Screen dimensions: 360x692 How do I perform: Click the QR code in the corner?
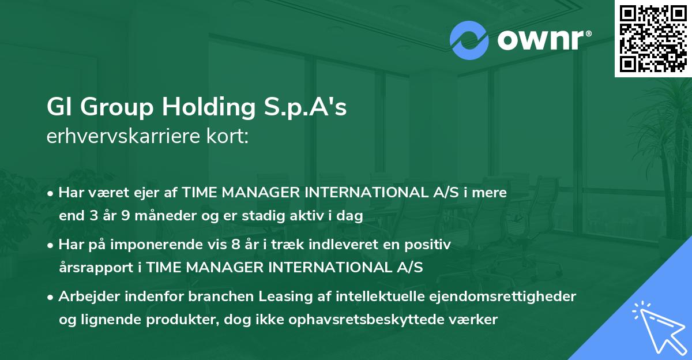click(x=653, y=39)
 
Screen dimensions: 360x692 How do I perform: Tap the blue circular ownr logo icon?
click(x=469, y=40)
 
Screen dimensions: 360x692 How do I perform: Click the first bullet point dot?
click(x=51, y=193)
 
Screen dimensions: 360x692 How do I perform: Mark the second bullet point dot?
click(x=51, y=244)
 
